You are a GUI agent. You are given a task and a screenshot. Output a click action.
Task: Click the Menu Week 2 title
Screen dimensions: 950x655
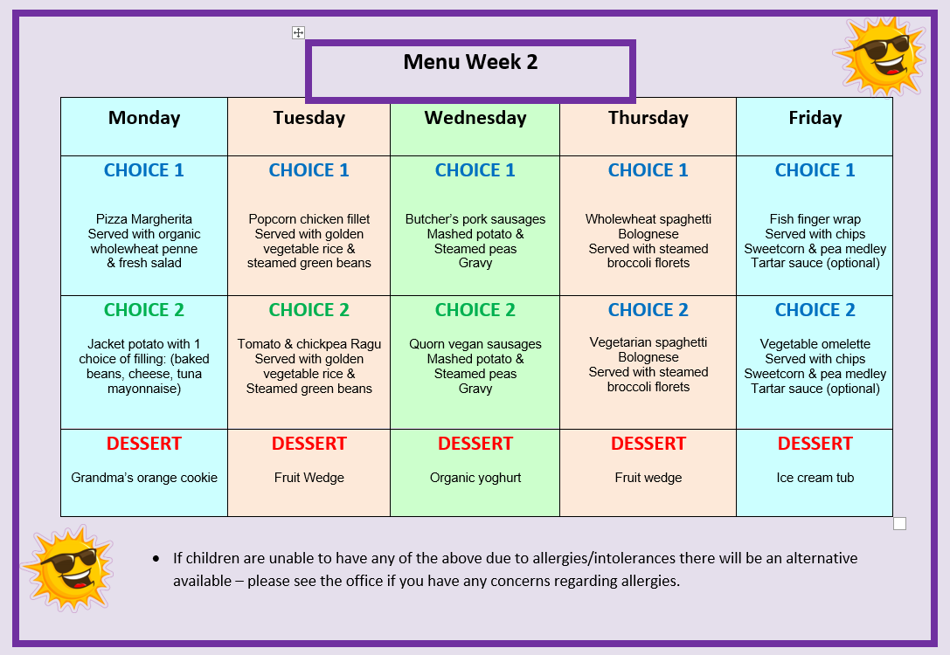pyautogui.click(x=470, y=62)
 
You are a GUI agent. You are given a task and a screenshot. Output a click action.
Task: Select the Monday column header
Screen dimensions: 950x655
pyautogui.click(x=144, y=117)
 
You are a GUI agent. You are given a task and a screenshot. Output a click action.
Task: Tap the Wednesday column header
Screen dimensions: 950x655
pyautogui.click(x=475, y=117)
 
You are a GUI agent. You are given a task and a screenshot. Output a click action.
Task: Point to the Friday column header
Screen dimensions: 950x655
pyautogui.click(x=815, y=117)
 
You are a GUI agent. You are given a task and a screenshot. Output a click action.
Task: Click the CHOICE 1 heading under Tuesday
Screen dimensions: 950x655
pyautogui.click(x=309, y=170)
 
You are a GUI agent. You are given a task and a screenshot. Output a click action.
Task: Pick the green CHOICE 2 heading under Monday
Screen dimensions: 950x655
pyautogui.click(x=144, y=310)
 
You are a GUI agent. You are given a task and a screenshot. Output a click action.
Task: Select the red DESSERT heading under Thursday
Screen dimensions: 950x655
pyautogui.click(x=648, y=444)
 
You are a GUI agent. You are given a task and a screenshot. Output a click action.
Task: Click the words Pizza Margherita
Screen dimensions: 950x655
pyautogui.click(x=144, y=219)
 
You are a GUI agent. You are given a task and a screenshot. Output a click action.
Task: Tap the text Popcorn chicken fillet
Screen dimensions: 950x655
pyautogui.click(x=309, y=219)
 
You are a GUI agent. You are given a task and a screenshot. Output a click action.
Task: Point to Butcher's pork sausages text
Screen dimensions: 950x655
pyautogui.click(x=475, y=219)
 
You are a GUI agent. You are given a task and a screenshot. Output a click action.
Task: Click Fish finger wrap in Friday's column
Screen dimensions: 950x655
pyautogui.click(x=815, y=219)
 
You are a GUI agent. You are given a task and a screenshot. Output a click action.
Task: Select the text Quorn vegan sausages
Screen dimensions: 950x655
pyautogui.click(x=475, y=344)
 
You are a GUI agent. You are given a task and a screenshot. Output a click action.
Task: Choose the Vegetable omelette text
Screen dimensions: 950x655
pyautogui.click(x=815, y=344)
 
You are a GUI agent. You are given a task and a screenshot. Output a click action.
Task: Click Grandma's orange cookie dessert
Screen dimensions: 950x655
pyautogui.click(x=144, y=478)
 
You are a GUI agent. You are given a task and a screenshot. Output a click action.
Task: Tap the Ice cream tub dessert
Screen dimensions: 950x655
pyautogui.click(x=815, y=478)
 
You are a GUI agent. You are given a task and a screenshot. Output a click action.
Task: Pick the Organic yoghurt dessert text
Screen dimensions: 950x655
pyautogui.click(x=475, y=478)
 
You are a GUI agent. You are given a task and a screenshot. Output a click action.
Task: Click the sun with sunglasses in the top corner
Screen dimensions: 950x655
pyautogui.click(x=880, y=56)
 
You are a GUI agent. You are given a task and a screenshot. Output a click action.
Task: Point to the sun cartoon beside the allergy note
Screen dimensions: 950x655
pyautogui.click(x=68, y=568)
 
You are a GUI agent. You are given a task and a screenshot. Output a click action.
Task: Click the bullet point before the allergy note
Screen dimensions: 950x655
pyautogui.click(x=156, y=558)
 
